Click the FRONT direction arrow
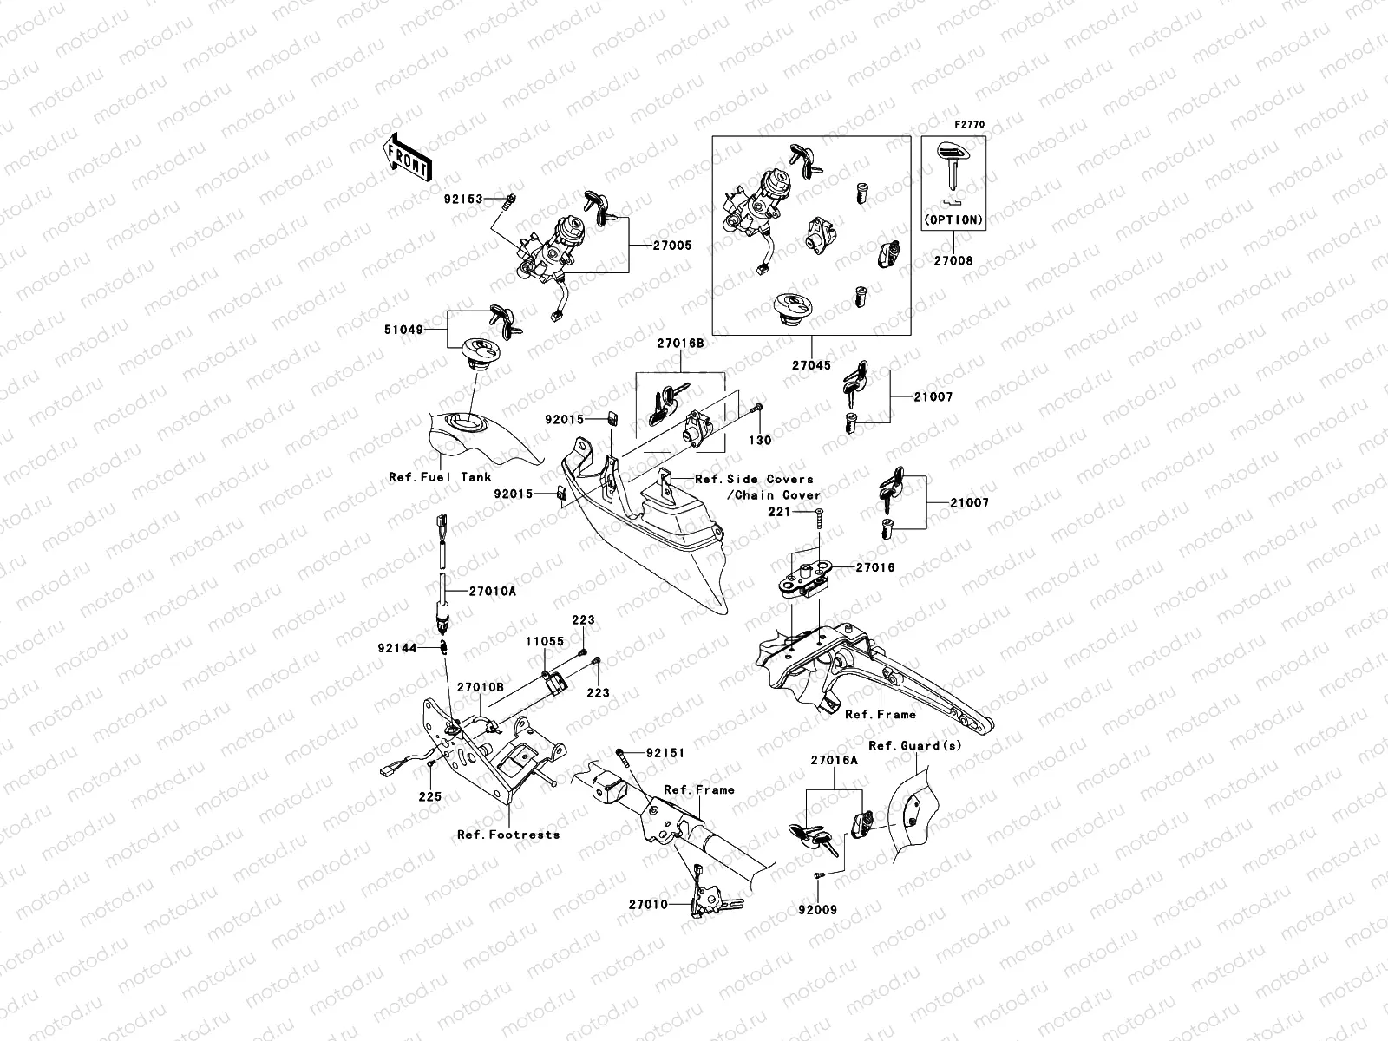(x=405, y=157)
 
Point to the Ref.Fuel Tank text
(x=440, y=477)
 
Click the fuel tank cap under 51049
(x=477, y=351)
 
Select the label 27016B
(x=680, y=344)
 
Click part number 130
(x=760, y=441)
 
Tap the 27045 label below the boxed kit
(x=812, y=366)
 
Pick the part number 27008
(x=953, y=260)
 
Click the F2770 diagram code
(x=971, y=125)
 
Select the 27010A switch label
(x=492, y=591)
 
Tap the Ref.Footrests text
(x=508, y=835)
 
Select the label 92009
(x=818, y=911)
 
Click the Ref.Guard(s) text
(x=914, y=746)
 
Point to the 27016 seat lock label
(x=874, y=567)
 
